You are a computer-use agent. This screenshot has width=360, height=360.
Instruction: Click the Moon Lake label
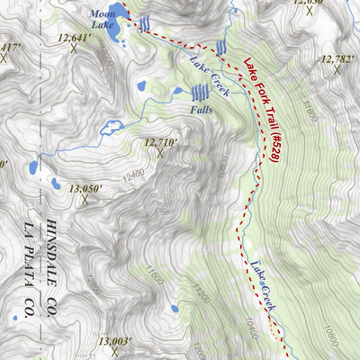pyautogui.click(x=101, y=21)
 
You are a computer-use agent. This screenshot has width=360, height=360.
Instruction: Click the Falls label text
pyautogui.click(x=201, y=108)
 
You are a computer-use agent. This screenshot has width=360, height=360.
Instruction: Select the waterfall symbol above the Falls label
pyautogui.click(x=200, y=92)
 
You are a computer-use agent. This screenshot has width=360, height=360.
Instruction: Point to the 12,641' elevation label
pyautogui.click(x=74, y=39)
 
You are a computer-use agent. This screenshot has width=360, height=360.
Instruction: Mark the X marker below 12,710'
pyautogui.click(x=160, y=153)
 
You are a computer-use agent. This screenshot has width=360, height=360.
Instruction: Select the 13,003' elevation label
pyautogui.click(x=115, y=341)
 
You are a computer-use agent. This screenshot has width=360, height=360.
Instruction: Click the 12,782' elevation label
pyautogui.click(x=337, y=59)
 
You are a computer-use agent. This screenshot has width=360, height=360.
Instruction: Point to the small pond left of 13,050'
pyautogui.click(x=33, y=167)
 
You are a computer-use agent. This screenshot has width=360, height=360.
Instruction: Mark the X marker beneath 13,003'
pyautogui.click(x=115, y=352)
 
